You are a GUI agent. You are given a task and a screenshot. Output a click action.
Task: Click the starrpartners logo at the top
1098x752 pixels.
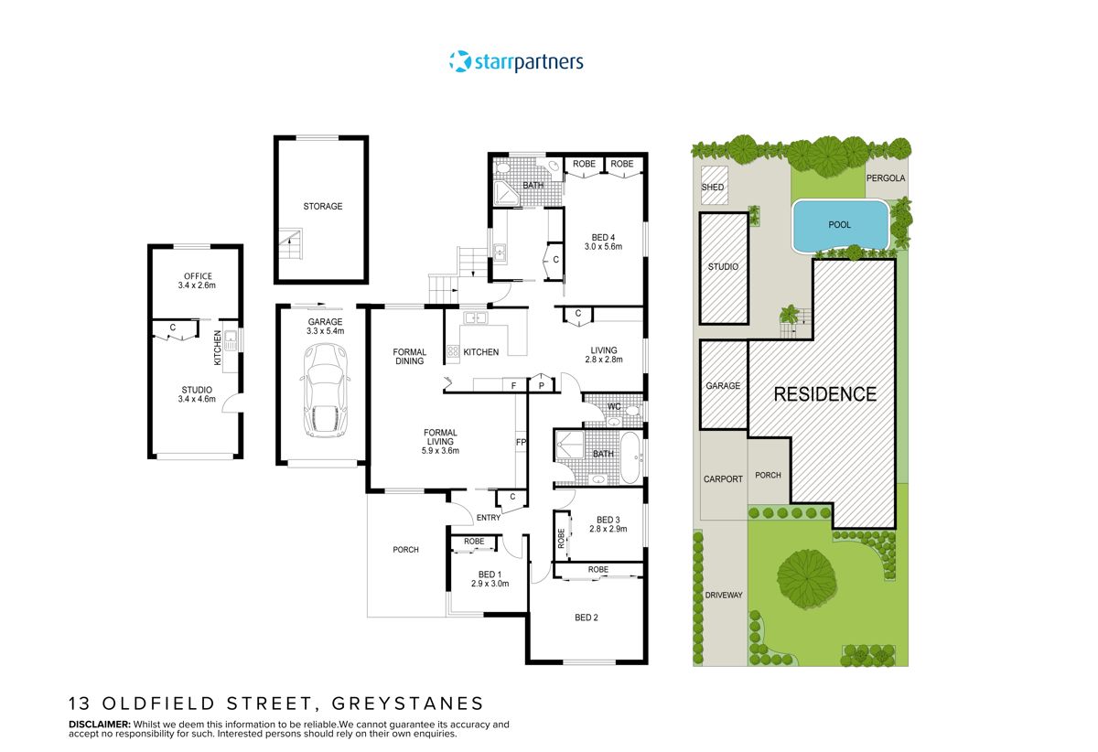point(516,61)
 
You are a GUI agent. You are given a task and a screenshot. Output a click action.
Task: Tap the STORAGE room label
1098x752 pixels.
point(323,207)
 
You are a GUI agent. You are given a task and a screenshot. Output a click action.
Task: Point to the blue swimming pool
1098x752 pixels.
point(840,224)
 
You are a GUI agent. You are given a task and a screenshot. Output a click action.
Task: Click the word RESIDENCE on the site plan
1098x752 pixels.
point(825,394)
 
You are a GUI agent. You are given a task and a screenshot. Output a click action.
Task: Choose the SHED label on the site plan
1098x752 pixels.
point(713,188)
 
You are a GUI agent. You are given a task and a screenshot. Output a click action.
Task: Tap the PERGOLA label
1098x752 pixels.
point(886,179)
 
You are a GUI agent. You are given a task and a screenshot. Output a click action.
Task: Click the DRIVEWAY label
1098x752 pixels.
point(724,595)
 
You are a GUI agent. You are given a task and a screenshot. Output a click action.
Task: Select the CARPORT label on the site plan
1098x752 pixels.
point(723,478)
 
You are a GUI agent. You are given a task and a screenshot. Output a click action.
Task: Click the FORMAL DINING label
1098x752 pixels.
point(409,356)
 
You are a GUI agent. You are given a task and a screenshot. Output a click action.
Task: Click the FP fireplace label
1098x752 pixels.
point(521,442)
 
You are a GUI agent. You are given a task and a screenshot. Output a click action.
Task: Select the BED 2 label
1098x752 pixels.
point(587,618)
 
